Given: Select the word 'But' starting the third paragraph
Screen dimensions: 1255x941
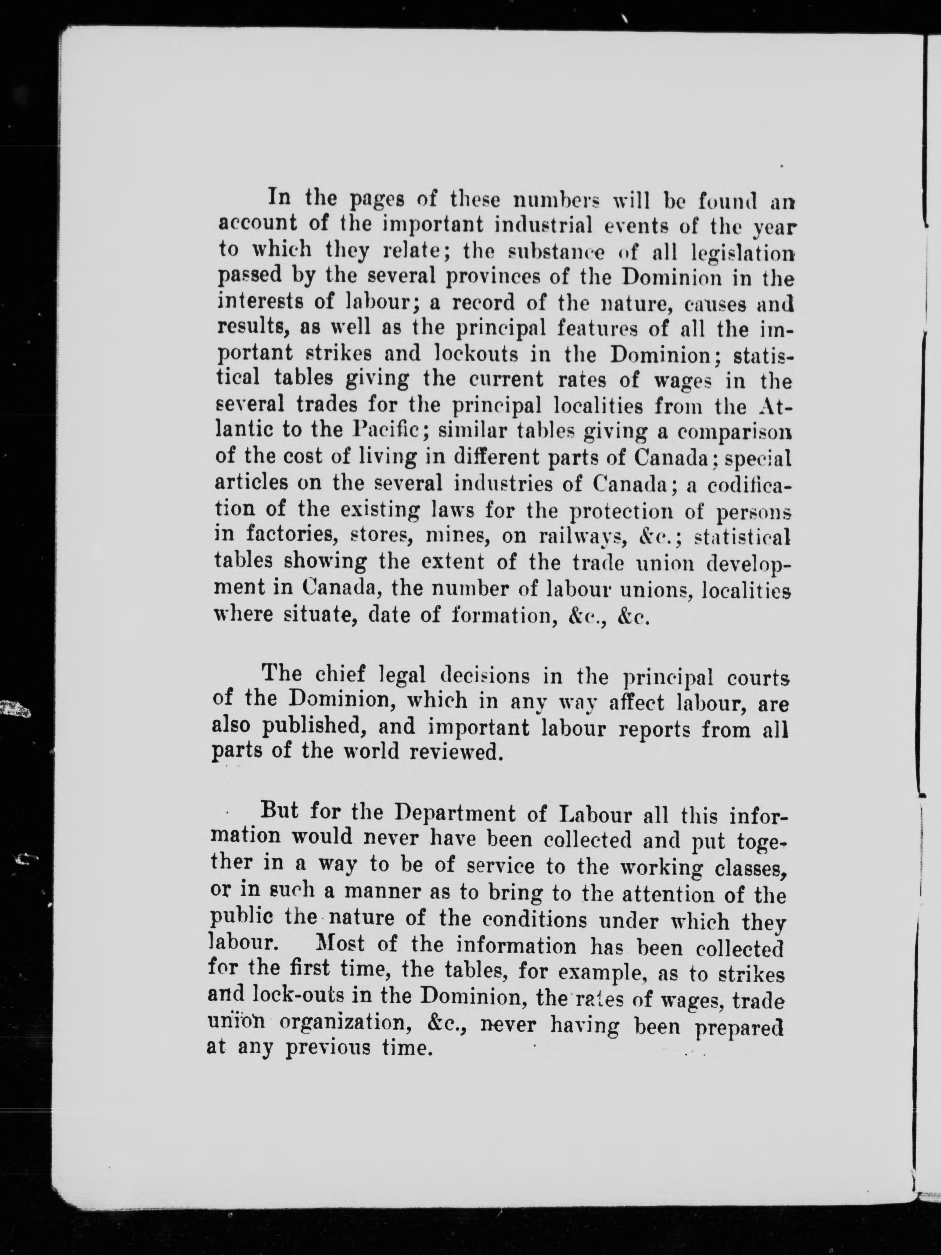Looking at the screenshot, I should (x=279, y=810).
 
